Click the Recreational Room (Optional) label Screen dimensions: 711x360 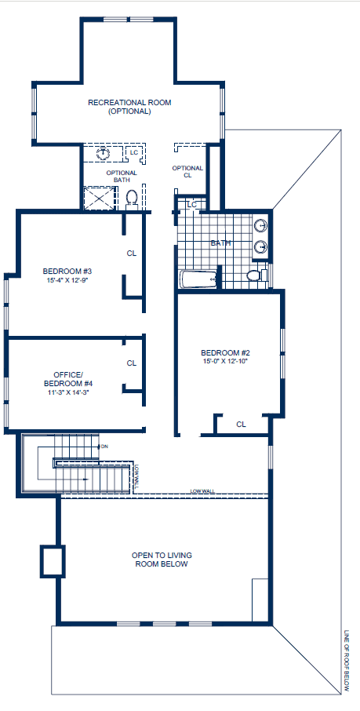coord(129,107)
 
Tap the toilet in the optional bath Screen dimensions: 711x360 coord(133,199)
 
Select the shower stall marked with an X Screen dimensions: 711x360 coord(100,198)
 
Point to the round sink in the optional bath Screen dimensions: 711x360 coord(104,152)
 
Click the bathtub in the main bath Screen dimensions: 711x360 coord(198,279)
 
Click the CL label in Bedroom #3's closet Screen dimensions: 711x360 coord(132,253)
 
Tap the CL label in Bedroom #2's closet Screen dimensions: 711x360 coord(241,425)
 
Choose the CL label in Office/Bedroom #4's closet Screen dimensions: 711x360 coord(132,363)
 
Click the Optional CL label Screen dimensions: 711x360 coord(187,172)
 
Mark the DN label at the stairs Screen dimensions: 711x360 coord(104,447)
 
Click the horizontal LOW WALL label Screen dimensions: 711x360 coord(201,491)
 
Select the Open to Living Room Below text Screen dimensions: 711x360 coord(162,560)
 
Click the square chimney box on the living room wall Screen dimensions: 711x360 coord(51,561)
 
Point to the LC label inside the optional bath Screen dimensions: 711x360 coord(133,151)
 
